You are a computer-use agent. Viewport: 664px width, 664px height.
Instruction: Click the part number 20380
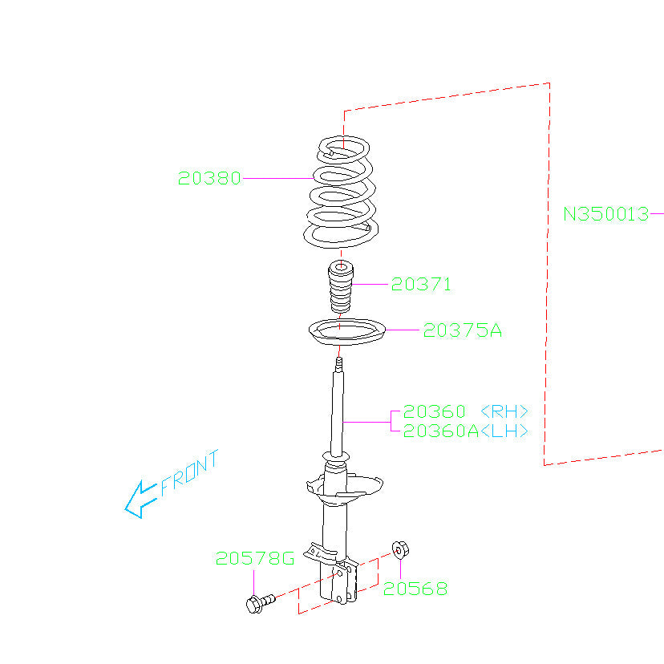[x=209, y=179]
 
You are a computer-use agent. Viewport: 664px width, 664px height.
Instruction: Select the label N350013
[x=605, y=214]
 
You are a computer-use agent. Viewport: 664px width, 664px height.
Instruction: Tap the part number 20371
[x=421, y=284]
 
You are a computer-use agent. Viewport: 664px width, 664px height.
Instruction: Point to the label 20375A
[x=463, y=330]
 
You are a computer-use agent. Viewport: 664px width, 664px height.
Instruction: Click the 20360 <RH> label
[x=465, y=412]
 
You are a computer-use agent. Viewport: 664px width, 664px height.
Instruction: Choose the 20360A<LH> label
[x=465, y=431]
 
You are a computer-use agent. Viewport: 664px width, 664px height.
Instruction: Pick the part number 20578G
[x=254, y=558]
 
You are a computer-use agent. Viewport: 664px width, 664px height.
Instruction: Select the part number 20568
[x=415, y=589]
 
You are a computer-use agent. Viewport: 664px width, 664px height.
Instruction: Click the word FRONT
[x=189, y=473]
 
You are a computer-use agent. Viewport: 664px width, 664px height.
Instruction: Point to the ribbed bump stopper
[x=341, y=289]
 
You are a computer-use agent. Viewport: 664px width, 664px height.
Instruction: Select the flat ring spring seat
[x=344, y=333]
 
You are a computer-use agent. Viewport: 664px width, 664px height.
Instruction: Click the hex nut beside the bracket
[x=400, y=550]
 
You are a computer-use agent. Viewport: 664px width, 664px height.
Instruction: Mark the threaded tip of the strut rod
[x=340, y=366]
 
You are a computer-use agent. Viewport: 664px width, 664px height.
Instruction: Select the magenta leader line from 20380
[x=277, y=179]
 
